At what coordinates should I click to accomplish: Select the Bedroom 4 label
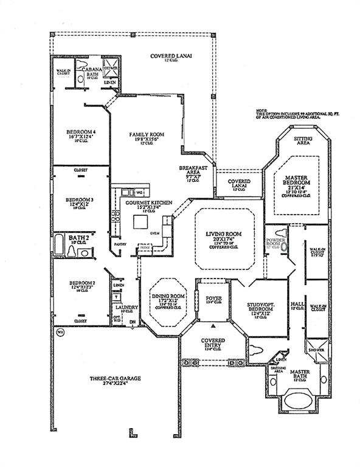81,132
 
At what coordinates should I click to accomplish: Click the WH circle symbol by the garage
60,332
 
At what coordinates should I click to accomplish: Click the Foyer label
214,298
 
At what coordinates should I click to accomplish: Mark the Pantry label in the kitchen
119,245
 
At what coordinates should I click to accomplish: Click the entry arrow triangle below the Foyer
213,327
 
